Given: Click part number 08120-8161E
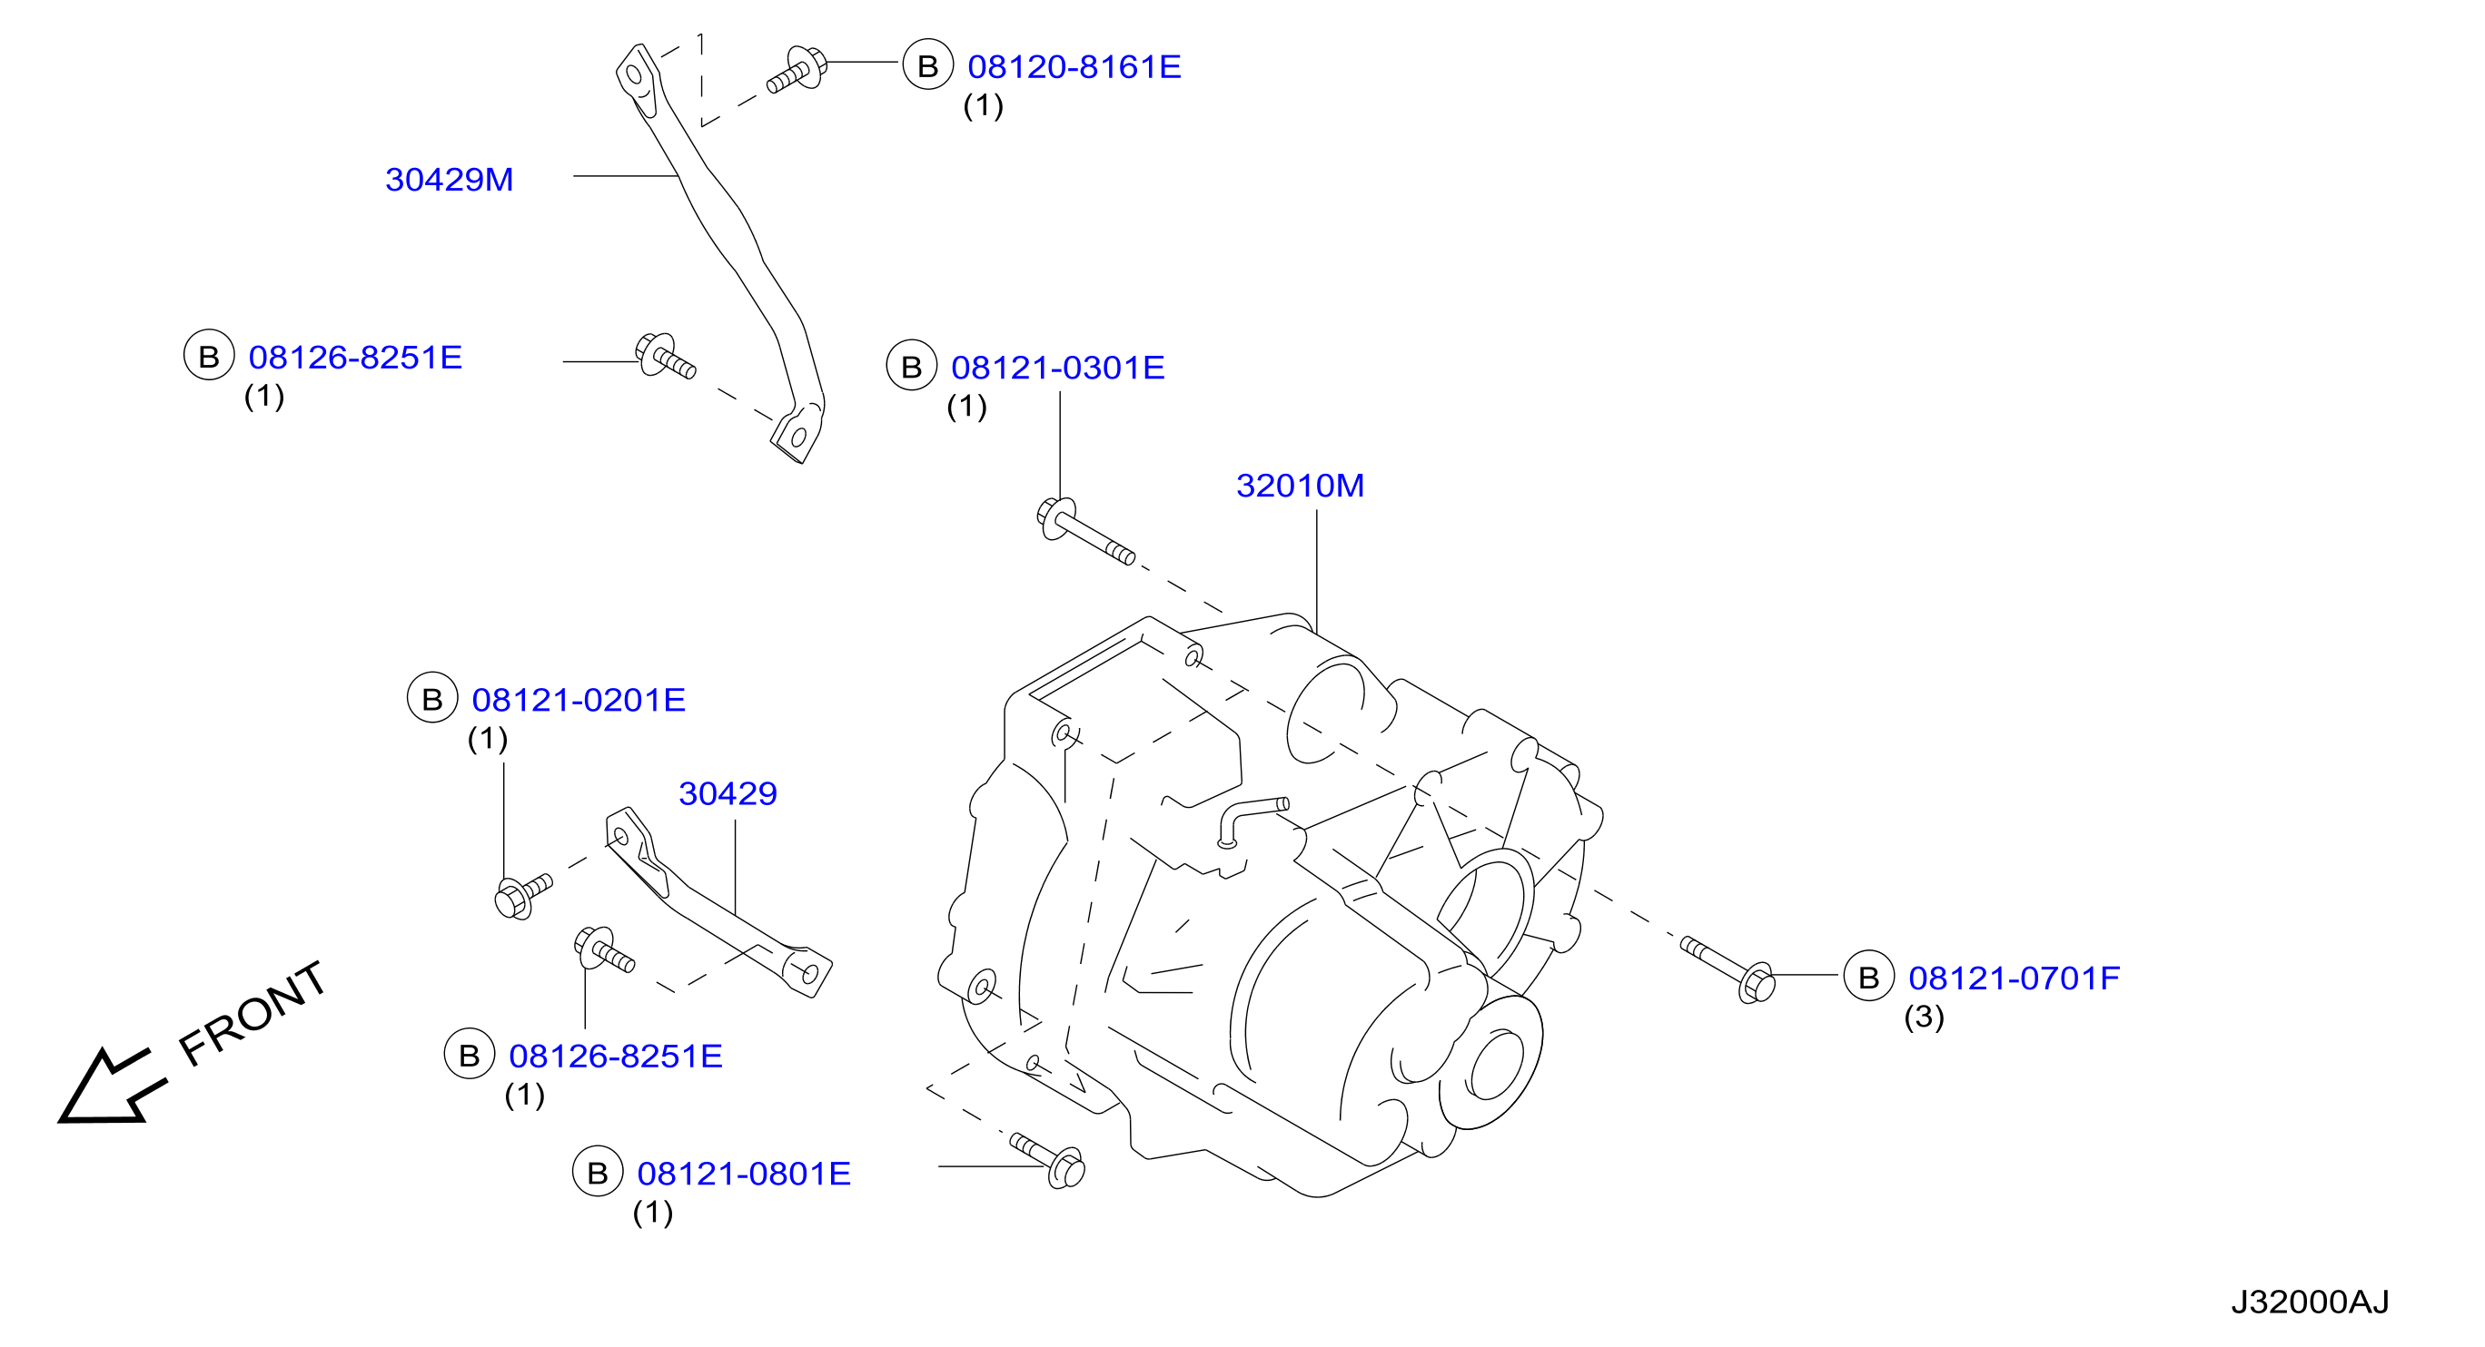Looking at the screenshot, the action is click(x=1074, y=66).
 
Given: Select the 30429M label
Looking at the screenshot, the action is click(x=450, y=180).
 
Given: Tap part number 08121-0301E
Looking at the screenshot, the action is click(x=1058, y=368).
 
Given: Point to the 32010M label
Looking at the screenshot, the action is click(x=1301, y=485).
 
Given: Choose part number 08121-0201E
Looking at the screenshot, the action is click(x=579, y=700).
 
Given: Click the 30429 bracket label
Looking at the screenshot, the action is click(x=728, y=793).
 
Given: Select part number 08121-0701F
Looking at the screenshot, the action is click(x=2015, y=978).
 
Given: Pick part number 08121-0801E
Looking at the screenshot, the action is click(x=744, y=1174).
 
